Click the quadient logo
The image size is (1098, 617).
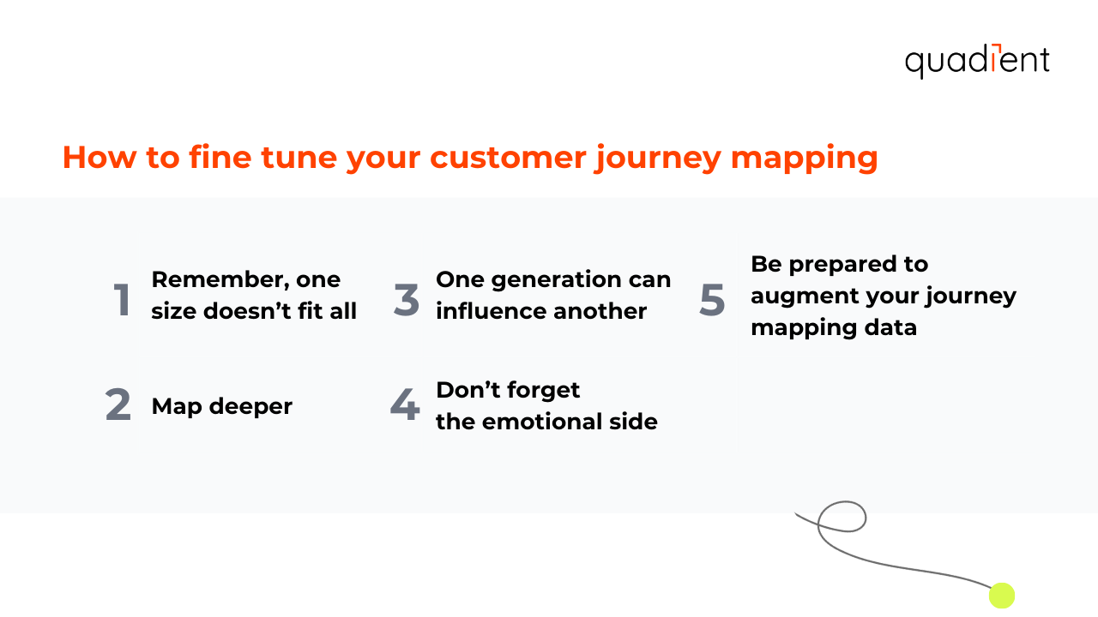[x=977, y=61]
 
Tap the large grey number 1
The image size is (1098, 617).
[x=123, y=300]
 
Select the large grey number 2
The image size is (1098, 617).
[x=118, y=406]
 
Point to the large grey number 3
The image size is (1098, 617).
[x=407, y=300]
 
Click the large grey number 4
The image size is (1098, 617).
[x=405, y=406]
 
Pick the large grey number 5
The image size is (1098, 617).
[x=712, y=300]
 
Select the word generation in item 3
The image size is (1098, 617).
[x=553, y=280]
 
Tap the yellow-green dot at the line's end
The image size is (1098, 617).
[x=1002, y=596]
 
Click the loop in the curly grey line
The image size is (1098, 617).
[x=842, y=517]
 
